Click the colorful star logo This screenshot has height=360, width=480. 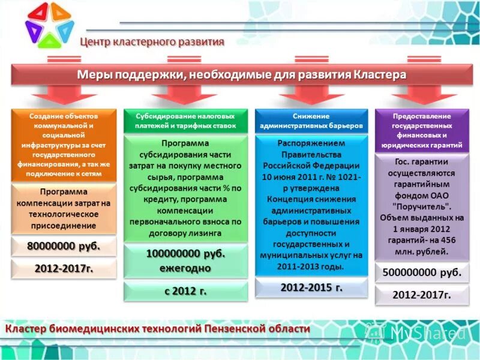[x=50, y=25]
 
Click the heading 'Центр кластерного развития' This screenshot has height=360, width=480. [x=152, y=42]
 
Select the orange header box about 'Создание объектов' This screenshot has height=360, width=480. [x=64, y=144]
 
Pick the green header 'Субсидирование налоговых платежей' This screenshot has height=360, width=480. [x=185, y=121]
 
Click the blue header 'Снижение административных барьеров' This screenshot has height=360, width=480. [x=311, y=121]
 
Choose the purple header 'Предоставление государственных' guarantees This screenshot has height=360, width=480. [x=422, y=130]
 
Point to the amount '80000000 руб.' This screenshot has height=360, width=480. [x=64, y=247]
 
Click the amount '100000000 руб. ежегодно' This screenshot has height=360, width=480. [x=185, y=261]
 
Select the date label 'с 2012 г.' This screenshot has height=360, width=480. [x=185, y=291]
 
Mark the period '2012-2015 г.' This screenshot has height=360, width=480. [x=311, y=287]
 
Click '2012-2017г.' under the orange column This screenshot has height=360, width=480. [x=64, y=268]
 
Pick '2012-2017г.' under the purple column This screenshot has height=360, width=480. [x=422, y=295]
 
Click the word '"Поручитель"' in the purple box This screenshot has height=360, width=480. [x=422, y=205]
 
